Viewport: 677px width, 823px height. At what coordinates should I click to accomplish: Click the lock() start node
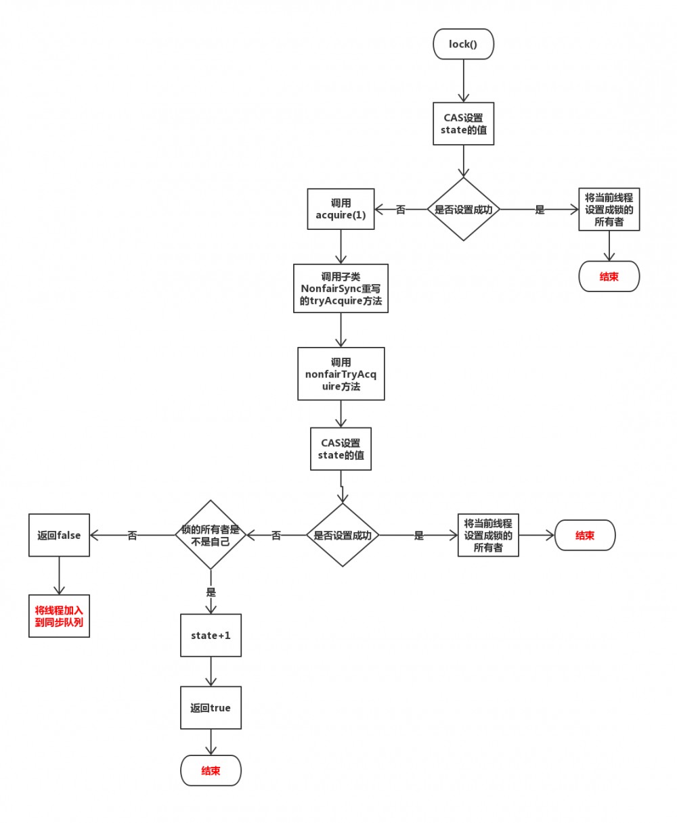pos(464,45)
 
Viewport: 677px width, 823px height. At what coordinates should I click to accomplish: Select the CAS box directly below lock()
pos(464,124)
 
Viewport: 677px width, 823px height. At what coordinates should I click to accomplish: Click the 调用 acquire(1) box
pos(341,209)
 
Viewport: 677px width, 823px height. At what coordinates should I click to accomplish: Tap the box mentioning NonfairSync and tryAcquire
pos(341,288)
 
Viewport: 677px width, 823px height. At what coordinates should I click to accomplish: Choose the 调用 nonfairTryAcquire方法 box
pos(341,374)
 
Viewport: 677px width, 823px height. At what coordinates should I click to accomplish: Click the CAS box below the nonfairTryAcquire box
pos(341,449)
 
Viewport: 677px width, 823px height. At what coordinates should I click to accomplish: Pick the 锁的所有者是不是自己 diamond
pos(211,535)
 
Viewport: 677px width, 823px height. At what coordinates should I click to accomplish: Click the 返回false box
pos(59,535)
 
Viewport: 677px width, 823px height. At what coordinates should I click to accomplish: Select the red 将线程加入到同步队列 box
pos(59,615)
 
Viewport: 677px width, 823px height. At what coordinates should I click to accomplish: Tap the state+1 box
pos(211,635)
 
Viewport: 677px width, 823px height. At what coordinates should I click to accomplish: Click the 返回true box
pos(211,707)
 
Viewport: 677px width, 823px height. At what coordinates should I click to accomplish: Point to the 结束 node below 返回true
pos(211,770)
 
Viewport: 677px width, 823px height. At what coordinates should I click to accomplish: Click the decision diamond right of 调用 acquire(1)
pos(464,210)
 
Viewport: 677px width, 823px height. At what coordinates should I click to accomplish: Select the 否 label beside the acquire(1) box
pos(401,210)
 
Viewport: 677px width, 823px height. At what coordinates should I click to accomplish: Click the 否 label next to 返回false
pos(132,536)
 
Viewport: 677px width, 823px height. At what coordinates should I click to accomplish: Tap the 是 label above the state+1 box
pos(211,592)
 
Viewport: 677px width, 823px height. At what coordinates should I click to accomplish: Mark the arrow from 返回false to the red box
pos(59,575)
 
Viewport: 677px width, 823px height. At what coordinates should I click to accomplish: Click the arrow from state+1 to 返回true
pos(211,672)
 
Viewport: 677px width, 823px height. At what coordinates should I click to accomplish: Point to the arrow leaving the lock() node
pos(464,80)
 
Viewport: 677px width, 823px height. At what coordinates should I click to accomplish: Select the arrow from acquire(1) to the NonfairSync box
pos(341,247)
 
